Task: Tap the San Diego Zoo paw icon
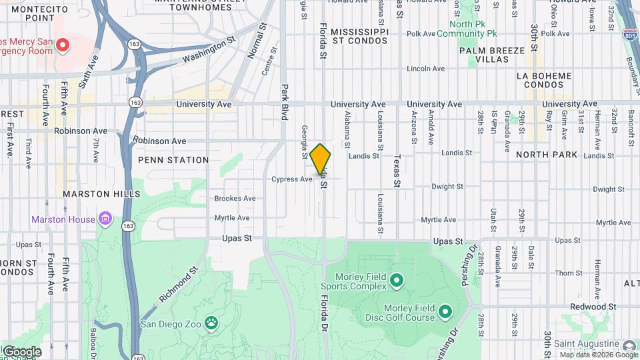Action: (x=211, y=323)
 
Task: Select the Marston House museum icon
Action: (x=105, y=219)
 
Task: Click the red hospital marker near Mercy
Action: (x=62, y=45)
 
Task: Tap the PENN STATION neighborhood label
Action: (x=173, y=160)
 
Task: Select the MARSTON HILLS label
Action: (x=101, y=193)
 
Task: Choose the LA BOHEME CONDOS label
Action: (x=544, y=80)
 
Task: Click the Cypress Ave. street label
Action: (x=293, y=179)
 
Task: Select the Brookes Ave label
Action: (x=235, y=198)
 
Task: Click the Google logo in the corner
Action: (x=21, y=351)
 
